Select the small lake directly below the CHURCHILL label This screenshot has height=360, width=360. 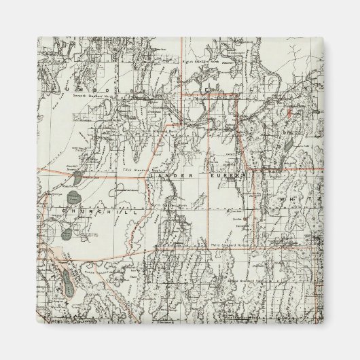coord(67,235)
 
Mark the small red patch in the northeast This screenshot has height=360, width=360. coord(288,111)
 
